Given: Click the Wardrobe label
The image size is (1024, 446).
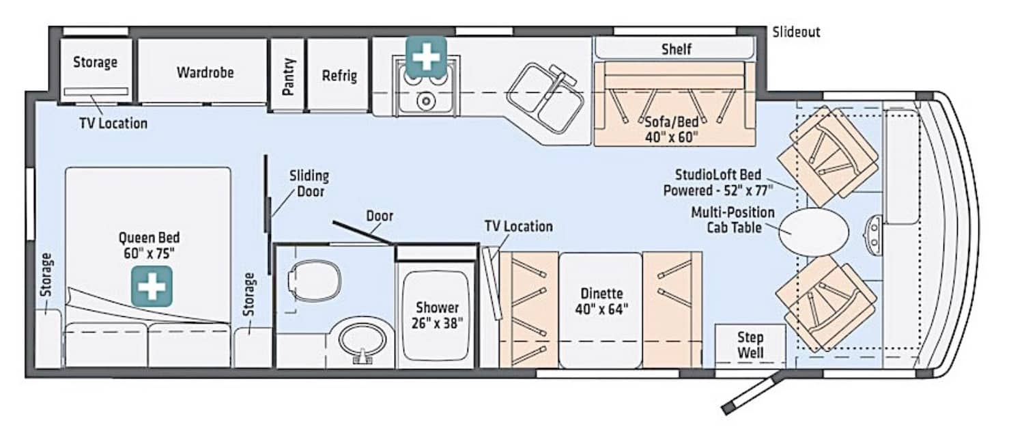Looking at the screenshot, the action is (x=205, y=72).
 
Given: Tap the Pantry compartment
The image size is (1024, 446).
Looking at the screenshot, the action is (x=287, y=75).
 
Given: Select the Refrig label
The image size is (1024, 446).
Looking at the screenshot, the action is (x=339, y=76).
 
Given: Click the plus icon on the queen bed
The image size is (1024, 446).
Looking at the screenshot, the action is (x=152, y=286).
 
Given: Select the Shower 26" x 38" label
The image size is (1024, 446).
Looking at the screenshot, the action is (x=437, y=315).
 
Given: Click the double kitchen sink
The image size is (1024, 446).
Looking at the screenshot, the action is (x=545, y=98).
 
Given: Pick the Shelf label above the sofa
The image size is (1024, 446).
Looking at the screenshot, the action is (x=676, y=49).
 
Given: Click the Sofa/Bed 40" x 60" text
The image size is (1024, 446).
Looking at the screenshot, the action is (x=672, y=130).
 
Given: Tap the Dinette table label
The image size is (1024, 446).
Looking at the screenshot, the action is (x=601, y=301).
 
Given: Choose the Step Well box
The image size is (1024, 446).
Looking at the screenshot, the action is (x=750, y=346).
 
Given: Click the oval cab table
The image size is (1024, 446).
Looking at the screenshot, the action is (x=814, y=232).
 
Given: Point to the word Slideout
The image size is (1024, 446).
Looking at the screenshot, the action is (x=797, y=32).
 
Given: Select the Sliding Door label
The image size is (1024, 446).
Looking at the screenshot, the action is (x=309, y=184).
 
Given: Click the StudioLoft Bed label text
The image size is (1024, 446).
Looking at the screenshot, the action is (x=718, y=182).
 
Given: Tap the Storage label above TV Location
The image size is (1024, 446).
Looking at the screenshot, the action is (x=95, y=61).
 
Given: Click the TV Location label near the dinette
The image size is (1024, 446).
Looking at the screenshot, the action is (x=518, y=226).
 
